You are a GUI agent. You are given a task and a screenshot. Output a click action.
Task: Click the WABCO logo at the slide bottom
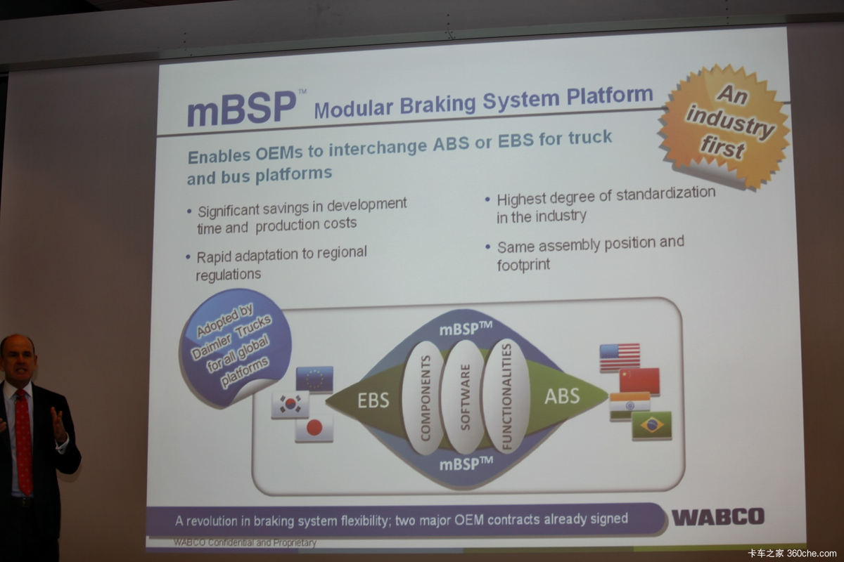(x=718, y=516)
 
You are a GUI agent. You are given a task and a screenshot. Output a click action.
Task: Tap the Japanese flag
(x=314, y=428)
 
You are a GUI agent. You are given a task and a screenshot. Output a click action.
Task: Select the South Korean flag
(x=290, y=404)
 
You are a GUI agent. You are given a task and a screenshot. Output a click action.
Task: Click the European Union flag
(x=314, y=379)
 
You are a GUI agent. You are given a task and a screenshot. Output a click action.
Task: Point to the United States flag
(x=620, y=357)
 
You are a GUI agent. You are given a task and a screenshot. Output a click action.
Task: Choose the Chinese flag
(x=639, y=381)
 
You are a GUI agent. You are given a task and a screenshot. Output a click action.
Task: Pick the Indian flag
(x=630, y=406)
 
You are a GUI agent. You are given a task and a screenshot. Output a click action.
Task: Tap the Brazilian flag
(x=652, y=425)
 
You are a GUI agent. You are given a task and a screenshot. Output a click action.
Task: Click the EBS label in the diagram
(x=373, y=400)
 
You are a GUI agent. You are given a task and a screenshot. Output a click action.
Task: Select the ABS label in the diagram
(x=562, y=396)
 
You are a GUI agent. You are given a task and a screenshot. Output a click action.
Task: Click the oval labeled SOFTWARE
(x=465, y=397)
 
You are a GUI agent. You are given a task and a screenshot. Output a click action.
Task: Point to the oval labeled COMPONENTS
(x=425, y=398)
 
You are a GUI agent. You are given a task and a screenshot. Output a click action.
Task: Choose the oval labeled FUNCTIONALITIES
(x=506, y=396)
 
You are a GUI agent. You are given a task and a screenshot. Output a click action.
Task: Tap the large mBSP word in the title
(x=241, y=108)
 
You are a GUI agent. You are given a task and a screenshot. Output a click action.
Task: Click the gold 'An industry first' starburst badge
(x=724, y=125)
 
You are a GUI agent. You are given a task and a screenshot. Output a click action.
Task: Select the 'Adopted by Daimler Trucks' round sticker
(x=234, y=347)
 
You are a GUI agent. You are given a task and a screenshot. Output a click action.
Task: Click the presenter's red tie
(x=25, y=443)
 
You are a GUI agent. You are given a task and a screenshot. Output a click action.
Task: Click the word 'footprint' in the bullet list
(x=523, y=265)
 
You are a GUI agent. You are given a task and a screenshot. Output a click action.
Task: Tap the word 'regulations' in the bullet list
(x=229, y=275)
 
